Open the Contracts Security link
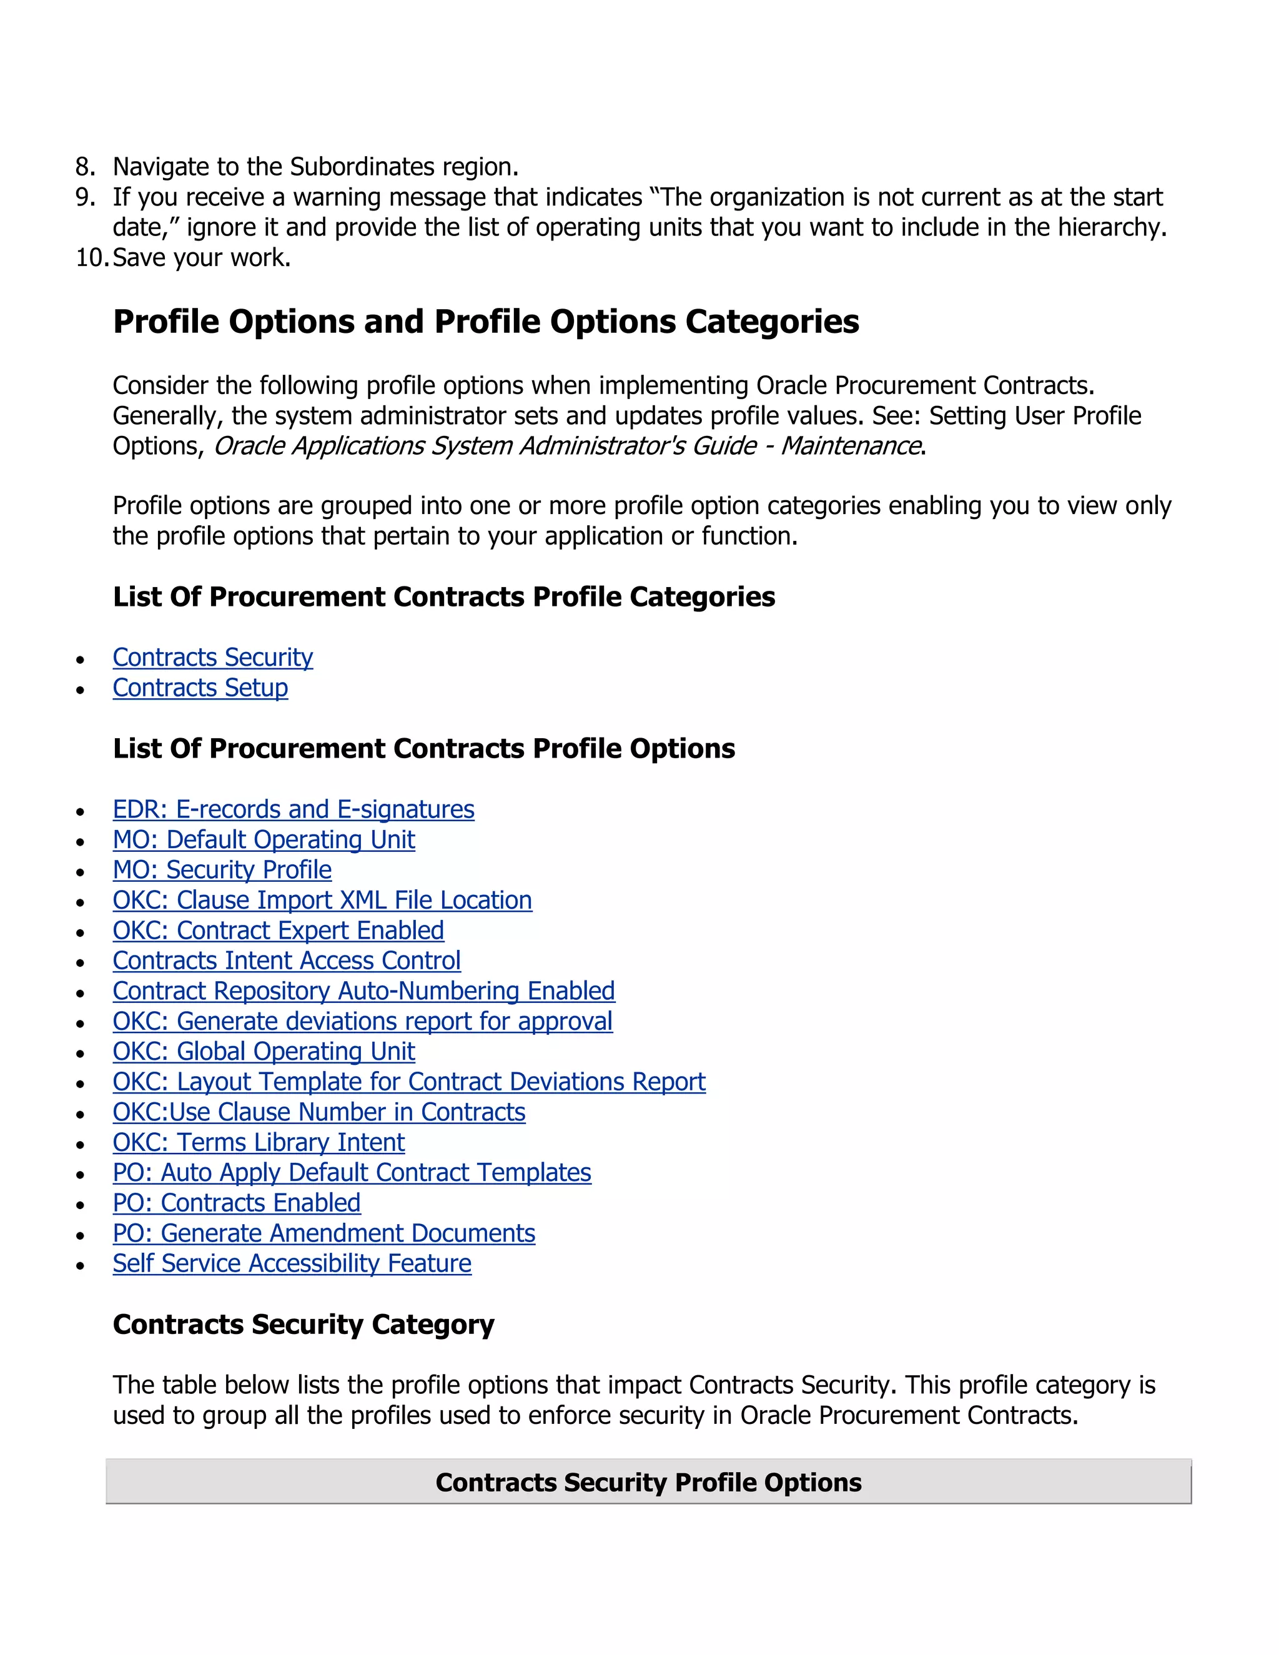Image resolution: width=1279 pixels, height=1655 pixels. tap(212, 657)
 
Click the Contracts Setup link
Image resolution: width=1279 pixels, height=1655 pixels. tap(200, 688)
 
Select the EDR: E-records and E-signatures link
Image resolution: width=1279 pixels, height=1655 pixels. tap(294, 809)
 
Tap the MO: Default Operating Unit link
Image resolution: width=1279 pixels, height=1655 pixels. tap(264, 839)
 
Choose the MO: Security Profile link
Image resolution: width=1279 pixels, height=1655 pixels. tap(222, 870)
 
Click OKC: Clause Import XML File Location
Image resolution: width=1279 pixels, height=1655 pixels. tap(322, 900)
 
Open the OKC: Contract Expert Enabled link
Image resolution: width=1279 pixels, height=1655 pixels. tap(278, 931)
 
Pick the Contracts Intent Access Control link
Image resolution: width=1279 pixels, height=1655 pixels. tap(287, 961)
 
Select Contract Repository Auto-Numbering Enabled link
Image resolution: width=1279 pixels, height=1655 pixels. tap(363, 991)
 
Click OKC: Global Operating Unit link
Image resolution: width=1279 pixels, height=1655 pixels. tap(264, 1052)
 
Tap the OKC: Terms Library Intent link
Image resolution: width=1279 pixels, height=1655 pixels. tap(259, 1142)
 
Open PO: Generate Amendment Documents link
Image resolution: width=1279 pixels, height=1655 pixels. tap(323, 1233)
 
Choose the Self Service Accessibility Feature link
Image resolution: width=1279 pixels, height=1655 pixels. tap(292, 1263)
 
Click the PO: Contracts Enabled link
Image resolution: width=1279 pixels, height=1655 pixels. tap(237, 1203)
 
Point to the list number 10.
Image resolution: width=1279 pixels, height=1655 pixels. tap(91, 258)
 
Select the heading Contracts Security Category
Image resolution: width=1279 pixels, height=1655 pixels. tap(303, 1324)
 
